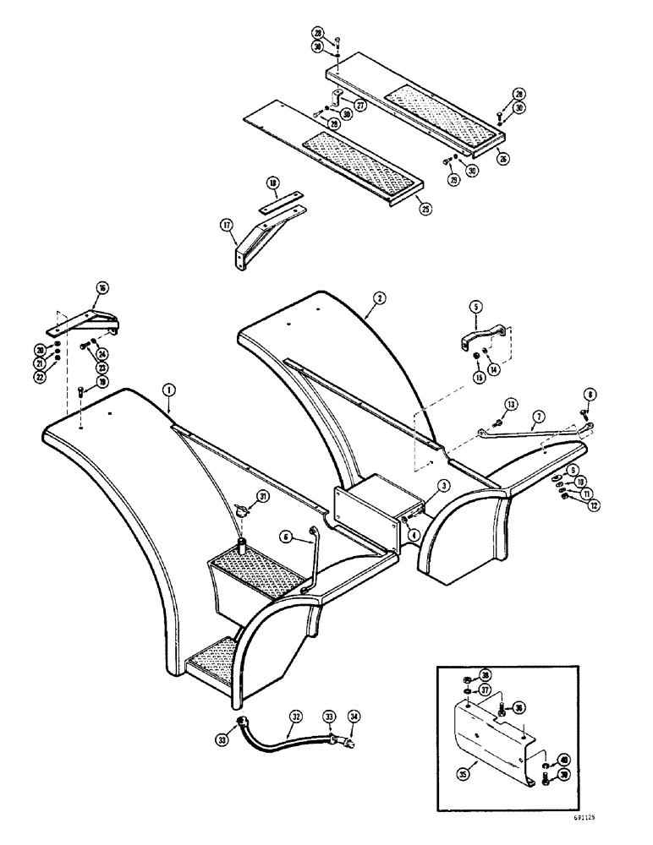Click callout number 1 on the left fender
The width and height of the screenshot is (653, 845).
tap(169, 390)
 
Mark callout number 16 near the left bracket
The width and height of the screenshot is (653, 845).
tap(102, 288)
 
